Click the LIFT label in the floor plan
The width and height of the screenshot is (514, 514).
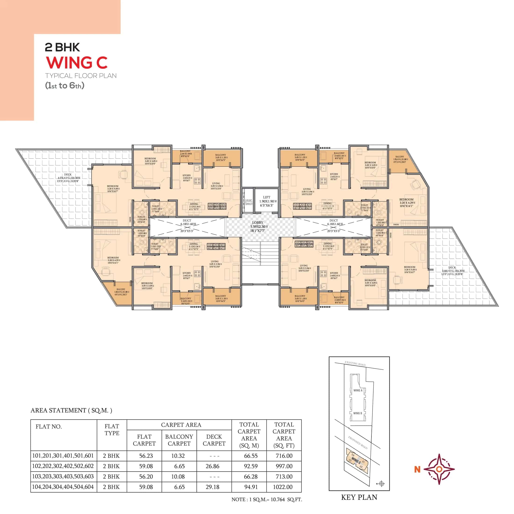coord(267,197)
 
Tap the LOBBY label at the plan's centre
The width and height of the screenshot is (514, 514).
coord(257,222)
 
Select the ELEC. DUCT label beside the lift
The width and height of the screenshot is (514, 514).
coord(249,202)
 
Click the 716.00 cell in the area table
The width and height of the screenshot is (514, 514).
coord(284,456)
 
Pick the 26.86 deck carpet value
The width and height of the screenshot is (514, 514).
coord(213,466)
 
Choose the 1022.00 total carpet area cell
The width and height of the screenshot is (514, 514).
coord(282,487)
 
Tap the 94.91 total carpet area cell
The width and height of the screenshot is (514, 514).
coord(251,487)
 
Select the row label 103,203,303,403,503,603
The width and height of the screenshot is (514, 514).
coord(63,476)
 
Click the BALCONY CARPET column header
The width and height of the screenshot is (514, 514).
coord(179,440)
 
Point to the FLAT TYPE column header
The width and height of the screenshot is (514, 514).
coord(112,430)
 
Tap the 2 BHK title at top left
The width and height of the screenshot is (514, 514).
coord(62,47)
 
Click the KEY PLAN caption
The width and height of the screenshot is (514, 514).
coord(359,497)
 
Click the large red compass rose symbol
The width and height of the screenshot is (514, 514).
coord(439,469)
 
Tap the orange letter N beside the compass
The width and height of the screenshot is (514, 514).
coord(417,470)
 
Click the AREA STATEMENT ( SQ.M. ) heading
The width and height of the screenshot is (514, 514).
coord(71,410)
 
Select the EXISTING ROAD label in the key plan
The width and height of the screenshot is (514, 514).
coord(355,363)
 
